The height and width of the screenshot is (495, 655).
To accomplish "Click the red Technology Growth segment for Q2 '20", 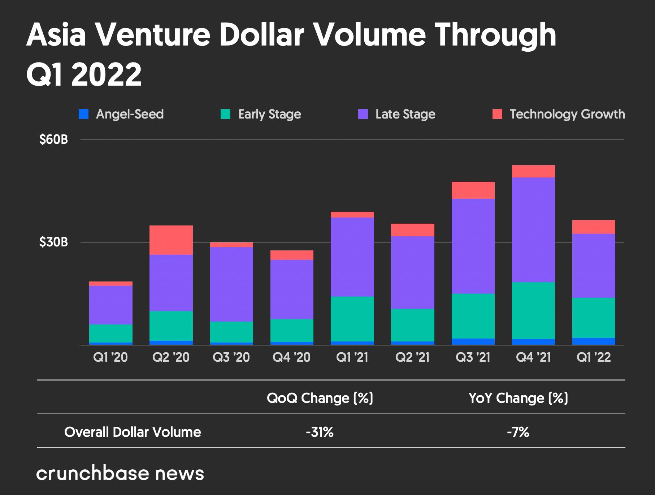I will (x=171, y=240).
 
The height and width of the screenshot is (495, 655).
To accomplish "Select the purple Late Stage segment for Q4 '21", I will (x=533, y=229).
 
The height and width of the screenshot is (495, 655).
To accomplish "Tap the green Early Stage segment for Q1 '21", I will (x=352, y=319).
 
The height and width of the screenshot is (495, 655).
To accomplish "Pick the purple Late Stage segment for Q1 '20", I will (x=111, y=305).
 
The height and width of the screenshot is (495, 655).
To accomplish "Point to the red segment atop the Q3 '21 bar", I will (x=473, y=190).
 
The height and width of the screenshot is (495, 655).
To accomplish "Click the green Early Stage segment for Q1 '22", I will (x=594, y=318).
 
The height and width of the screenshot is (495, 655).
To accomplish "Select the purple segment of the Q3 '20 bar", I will (x=231, y=284).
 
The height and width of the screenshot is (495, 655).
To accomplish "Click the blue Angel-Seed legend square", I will (x=83, y=115).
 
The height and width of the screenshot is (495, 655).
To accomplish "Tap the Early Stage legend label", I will (x=269, y=114).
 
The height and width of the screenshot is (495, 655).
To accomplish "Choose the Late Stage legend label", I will (x=405, y=114).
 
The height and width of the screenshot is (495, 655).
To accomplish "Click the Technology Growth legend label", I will (x=567, y=114).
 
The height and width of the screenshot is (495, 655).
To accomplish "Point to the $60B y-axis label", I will (x=54, y=139).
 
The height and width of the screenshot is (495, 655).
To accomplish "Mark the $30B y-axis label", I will (x=54, y=242).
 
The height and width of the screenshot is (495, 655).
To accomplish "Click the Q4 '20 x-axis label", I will (x=292, y=357).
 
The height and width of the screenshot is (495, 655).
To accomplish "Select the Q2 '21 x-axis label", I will (x=413, y=357).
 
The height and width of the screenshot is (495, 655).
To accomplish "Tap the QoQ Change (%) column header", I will (x=320, y=398).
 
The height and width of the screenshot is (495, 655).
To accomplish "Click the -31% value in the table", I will (x=320, y=432).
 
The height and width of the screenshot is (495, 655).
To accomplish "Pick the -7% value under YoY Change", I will (x=518, y=432).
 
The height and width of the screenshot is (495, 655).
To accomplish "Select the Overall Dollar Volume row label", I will (x=133, y=432).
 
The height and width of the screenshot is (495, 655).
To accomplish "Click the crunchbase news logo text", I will (x=120, y=474).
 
